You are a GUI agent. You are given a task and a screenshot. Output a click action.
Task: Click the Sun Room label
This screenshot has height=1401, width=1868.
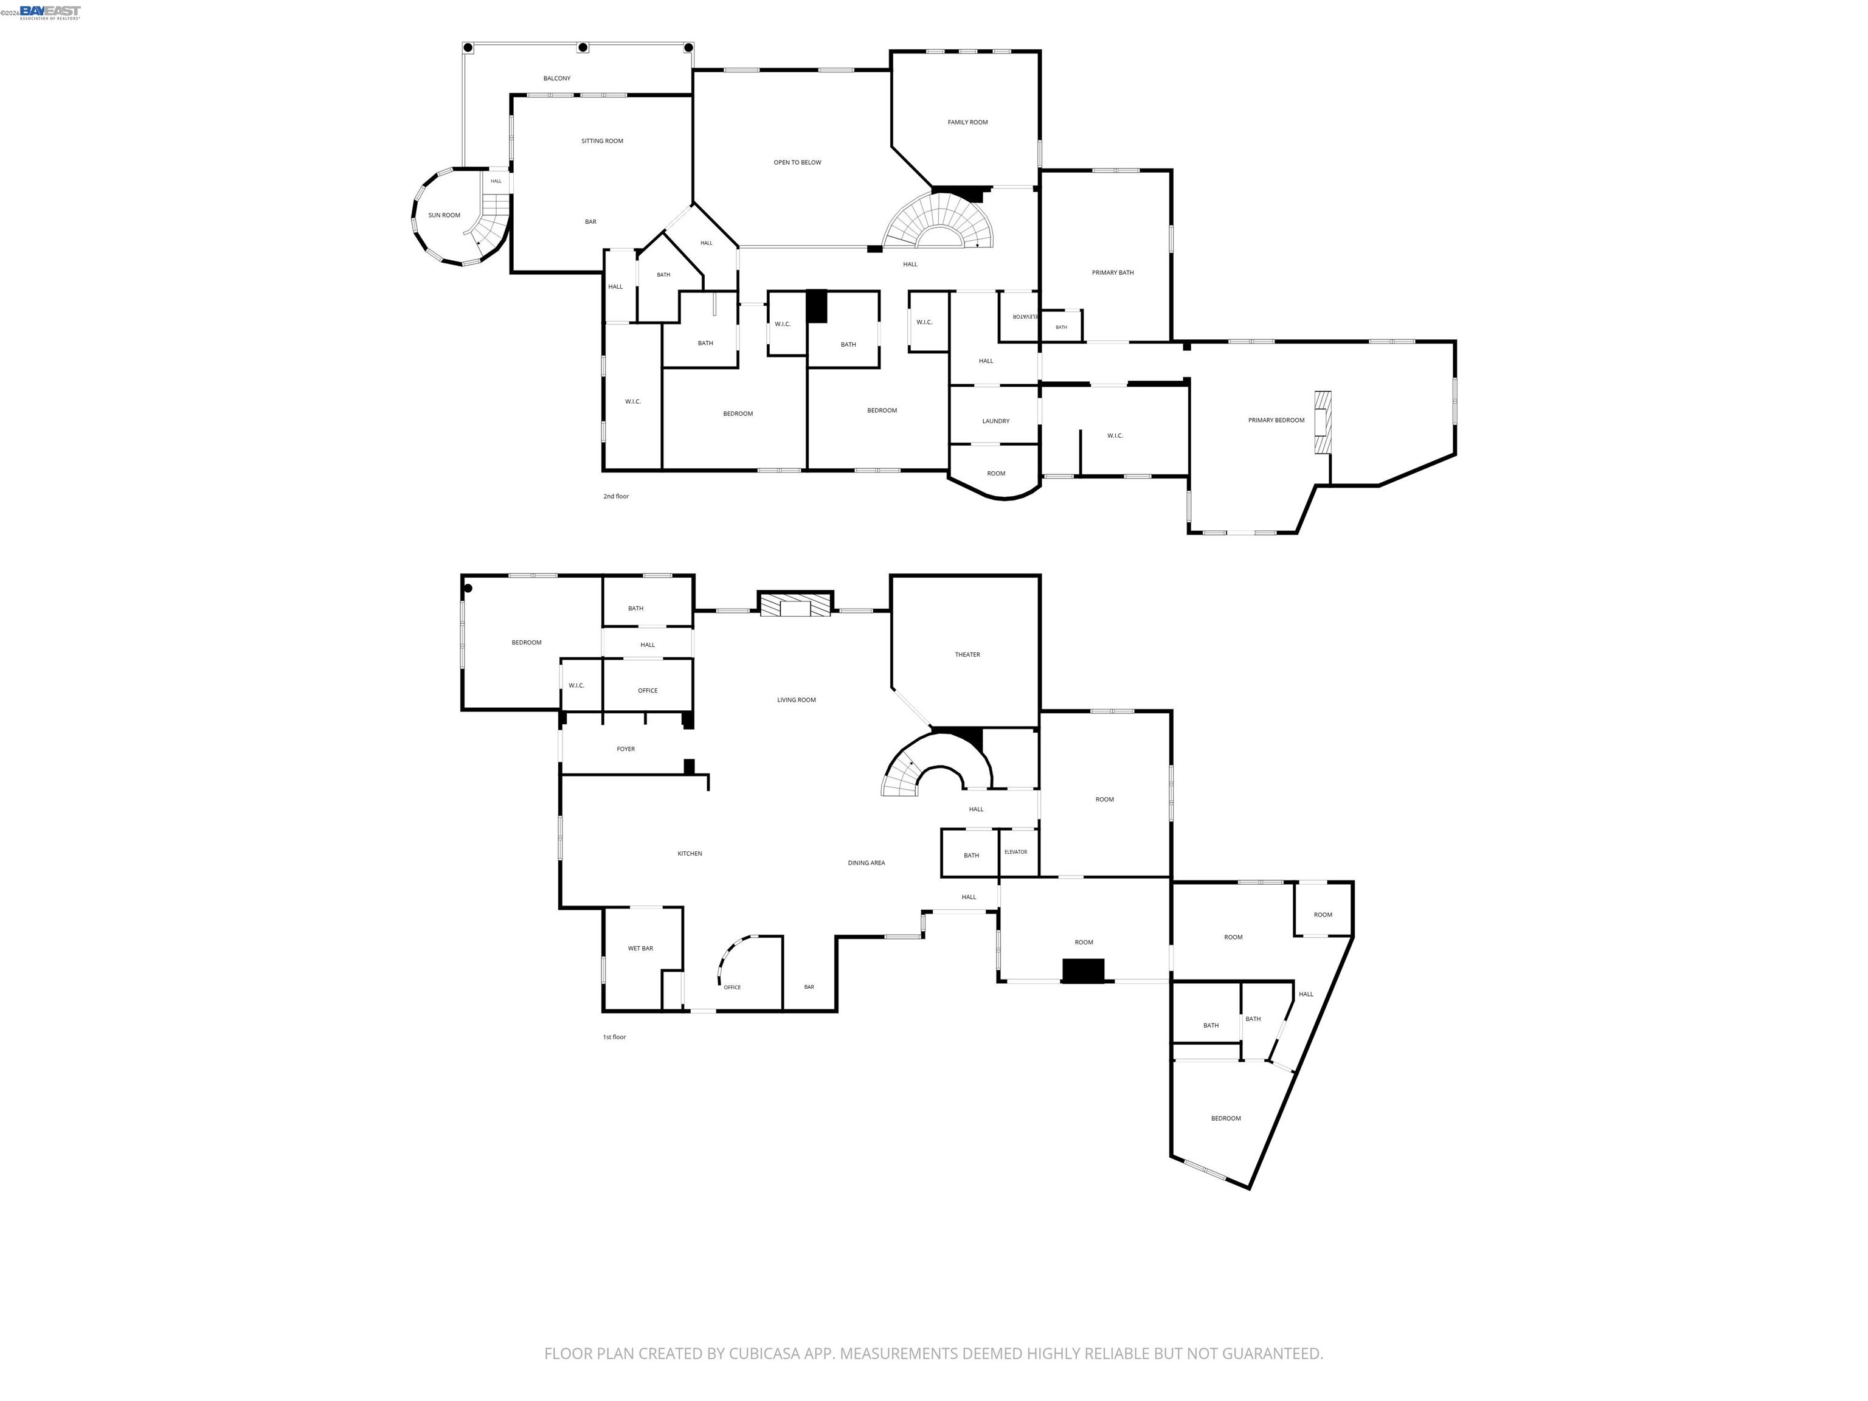click(445, 215)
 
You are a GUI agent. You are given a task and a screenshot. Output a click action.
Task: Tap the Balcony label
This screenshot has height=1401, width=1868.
click(556, 78)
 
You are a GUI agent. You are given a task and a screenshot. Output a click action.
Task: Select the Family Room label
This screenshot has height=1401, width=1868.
click(967, 122)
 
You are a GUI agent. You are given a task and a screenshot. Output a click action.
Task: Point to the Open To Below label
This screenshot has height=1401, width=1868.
click(797, 162)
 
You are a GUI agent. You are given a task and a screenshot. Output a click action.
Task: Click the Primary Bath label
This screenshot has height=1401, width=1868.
click(1112, 273)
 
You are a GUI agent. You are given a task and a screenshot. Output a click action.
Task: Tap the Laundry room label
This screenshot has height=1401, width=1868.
click(995, 421)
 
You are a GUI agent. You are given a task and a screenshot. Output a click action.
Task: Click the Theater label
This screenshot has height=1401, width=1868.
click(967, 654)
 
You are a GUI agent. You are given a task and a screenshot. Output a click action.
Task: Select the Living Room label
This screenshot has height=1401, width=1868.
click(797, 699)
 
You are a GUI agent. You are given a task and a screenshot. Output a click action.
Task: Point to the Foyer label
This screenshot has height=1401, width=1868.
click(626, 749)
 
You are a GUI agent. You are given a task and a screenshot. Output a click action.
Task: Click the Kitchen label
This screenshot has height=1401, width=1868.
click(690, 854)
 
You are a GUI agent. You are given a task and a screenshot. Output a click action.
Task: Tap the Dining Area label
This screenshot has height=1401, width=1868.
click(867, 863)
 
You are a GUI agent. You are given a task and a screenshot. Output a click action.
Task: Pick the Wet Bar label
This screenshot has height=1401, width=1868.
click(640, 949)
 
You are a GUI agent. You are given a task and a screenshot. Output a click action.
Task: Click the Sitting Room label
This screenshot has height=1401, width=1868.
click(602, 141)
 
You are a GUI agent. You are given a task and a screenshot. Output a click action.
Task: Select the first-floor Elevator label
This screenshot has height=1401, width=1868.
click(1016, 852)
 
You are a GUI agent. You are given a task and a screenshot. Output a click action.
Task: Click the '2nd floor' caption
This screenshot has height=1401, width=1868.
click(615, 497)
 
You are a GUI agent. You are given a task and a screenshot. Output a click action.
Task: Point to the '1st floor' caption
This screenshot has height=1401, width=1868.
click(614, 1037)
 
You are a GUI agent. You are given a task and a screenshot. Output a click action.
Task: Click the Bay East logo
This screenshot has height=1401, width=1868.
click(50, 12)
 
